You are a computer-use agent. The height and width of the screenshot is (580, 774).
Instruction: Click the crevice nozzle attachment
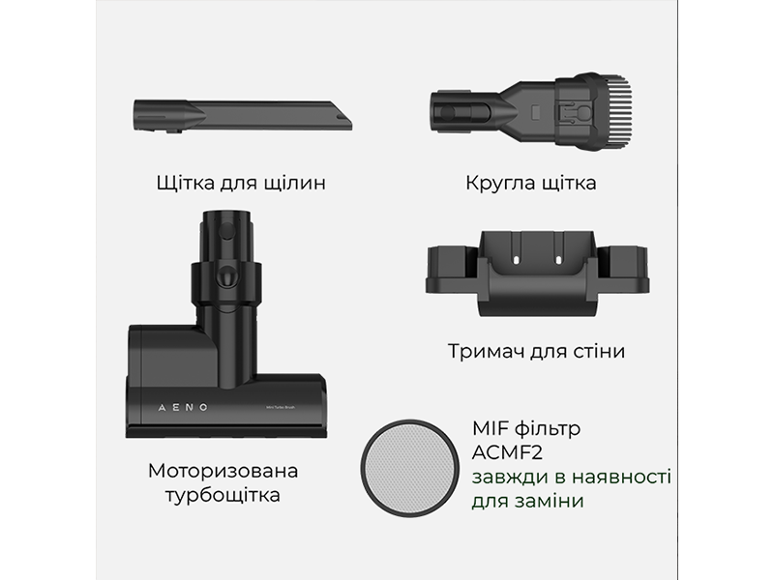tap(243, 116)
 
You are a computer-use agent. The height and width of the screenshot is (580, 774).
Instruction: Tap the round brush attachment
tap(531, 112)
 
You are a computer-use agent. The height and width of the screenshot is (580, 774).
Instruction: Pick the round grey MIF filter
tap(408, 468)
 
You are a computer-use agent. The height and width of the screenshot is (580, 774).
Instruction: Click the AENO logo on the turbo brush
tap(183, 407)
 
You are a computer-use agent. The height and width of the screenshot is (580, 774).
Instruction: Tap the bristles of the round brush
tap(617, 113)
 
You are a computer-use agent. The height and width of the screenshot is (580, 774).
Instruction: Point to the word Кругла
tap(500, 183)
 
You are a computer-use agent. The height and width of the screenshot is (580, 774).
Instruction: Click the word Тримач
tap(487, 352)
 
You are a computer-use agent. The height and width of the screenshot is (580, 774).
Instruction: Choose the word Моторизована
tap(223, 471)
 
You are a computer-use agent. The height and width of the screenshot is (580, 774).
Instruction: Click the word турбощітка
tap(223, 495)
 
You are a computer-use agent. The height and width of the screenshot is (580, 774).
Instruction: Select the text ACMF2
tap(507, 452)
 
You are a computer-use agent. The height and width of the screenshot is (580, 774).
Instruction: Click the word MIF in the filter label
tap(490, 428)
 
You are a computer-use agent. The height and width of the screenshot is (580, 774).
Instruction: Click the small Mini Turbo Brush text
tap(280, 407)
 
